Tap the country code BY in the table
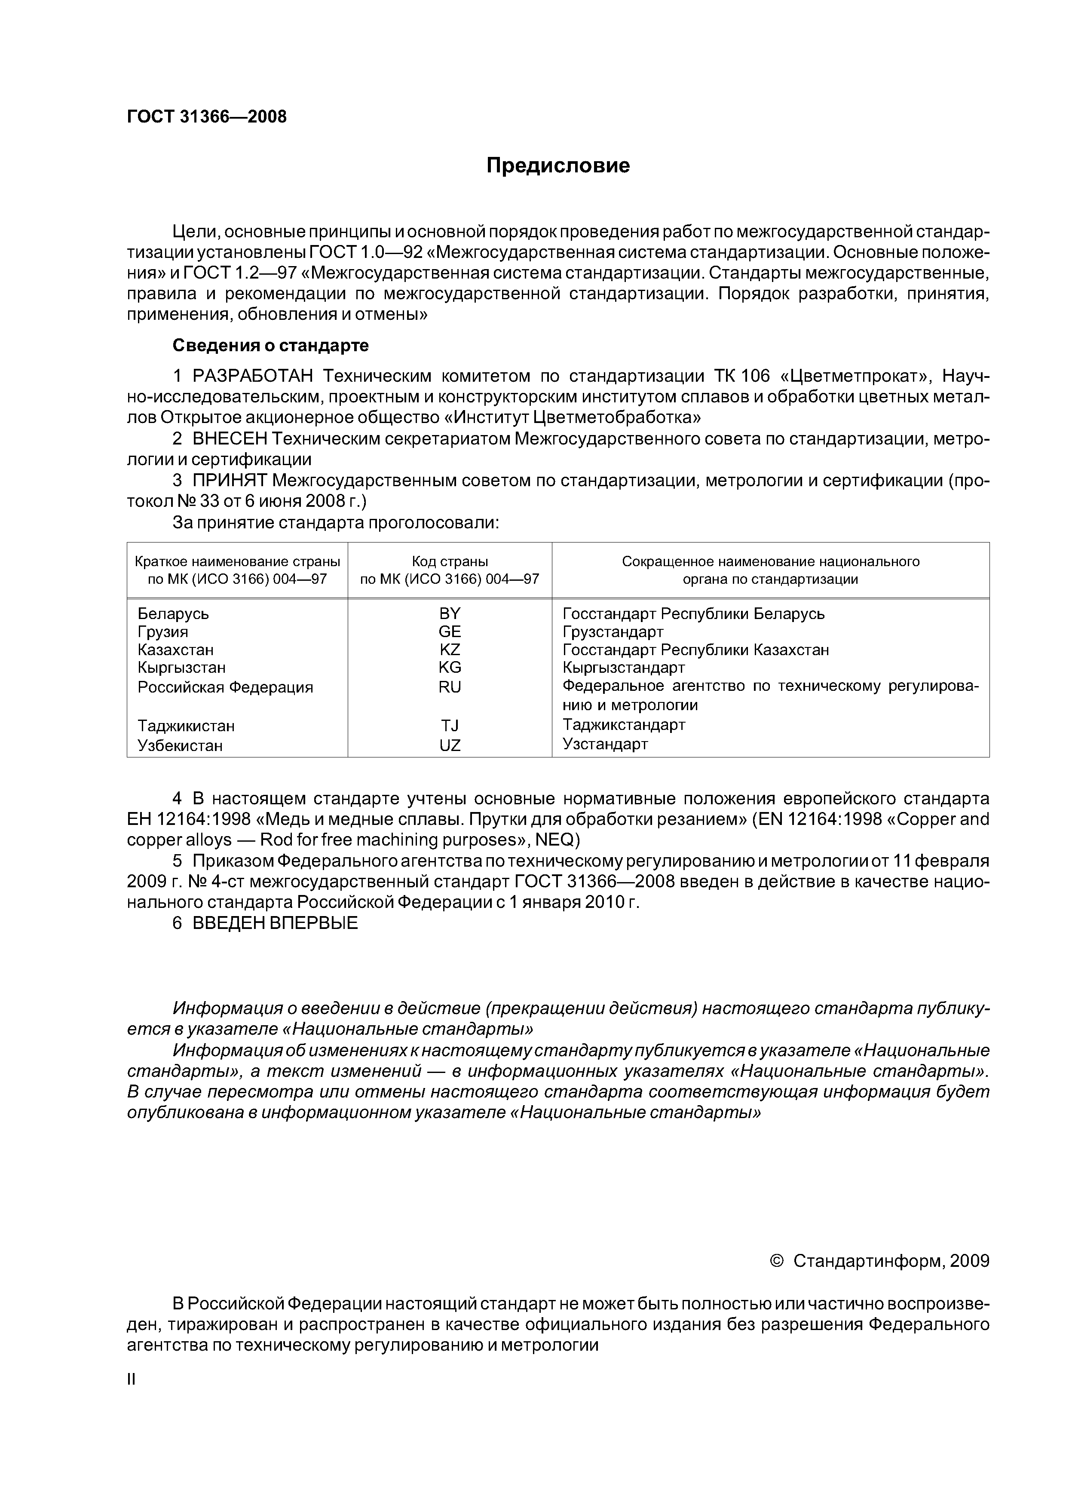450,613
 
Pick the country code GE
450,632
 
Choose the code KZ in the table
450,650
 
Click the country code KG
450,667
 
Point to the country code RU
450,687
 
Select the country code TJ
450,725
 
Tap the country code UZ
450,745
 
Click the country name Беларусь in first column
173,613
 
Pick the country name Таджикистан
186,726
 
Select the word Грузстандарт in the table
613,632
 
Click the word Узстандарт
605,744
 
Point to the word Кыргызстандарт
623,667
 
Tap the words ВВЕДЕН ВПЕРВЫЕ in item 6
275,923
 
